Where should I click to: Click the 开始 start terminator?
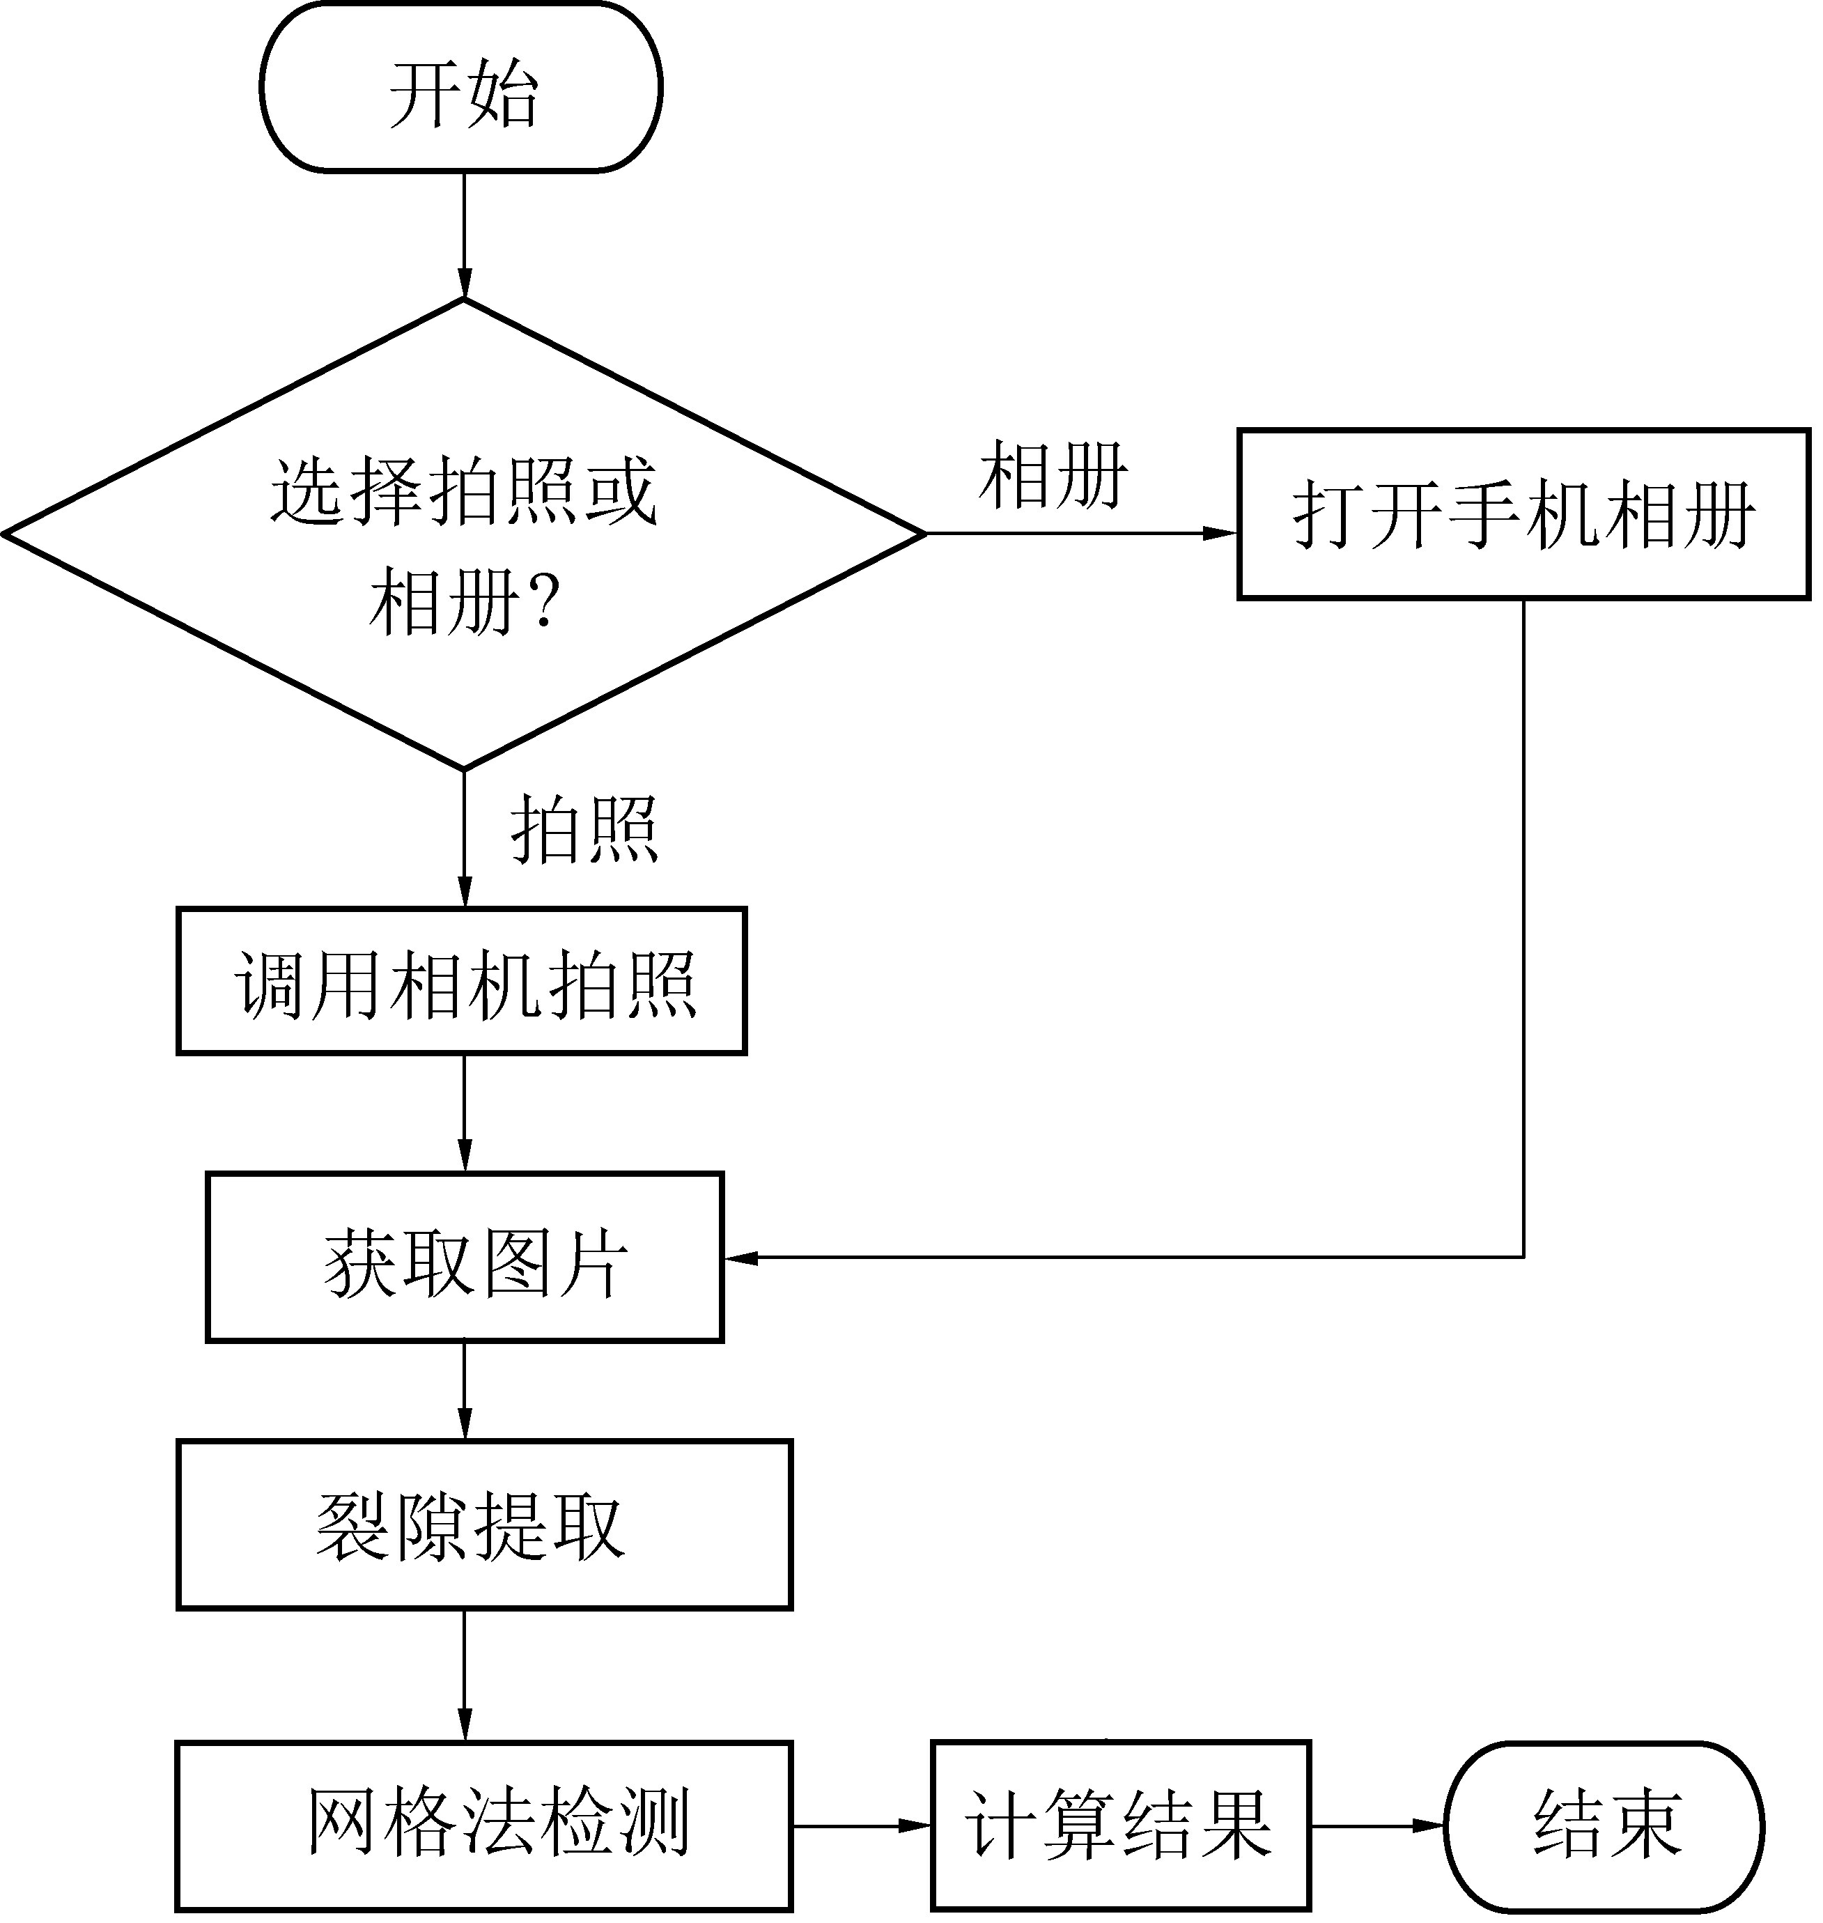coord(460,88)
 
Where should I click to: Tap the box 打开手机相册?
coord(1523,514)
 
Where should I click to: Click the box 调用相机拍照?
coord(462,982)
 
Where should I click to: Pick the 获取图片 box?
coord(465,1258)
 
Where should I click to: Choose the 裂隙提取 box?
coord(484,1526)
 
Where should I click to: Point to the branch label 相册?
coord(1053,475)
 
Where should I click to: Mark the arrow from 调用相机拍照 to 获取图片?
coord(465,1113)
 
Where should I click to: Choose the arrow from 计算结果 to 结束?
coord(1378,1826)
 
